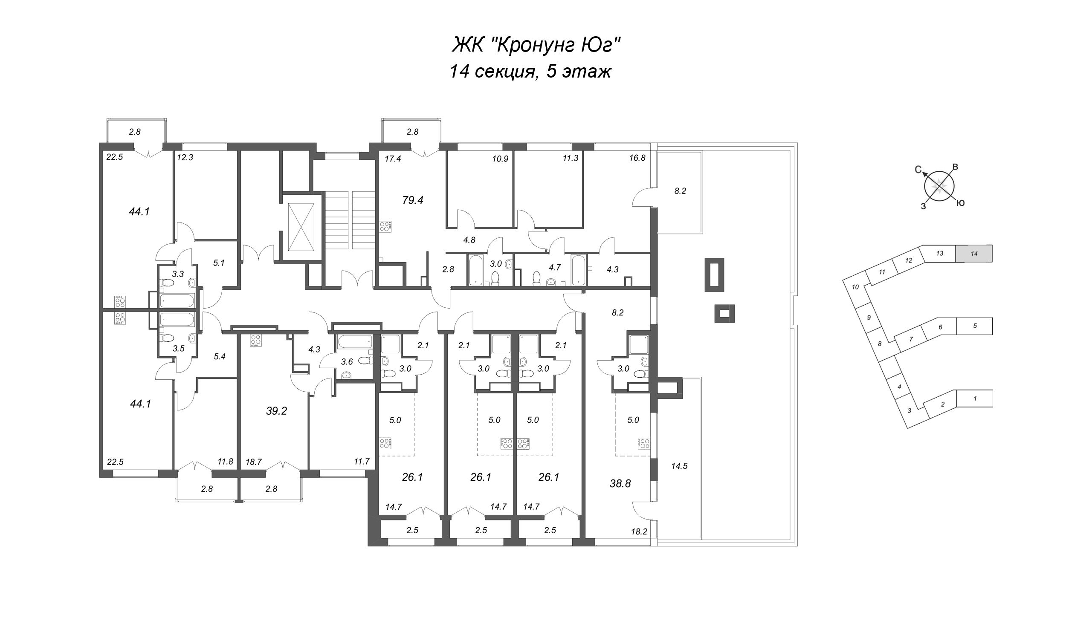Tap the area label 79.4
click(x=412, y=200)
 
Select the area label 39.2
click(x=276, y=411)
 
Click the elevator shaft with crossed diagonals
click(x=301, y=228)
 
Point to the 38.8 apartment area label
click(x=620, y=483)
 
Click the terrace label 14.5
click(x=679, y=466)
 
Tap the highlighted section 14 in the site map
click(x=973, y=254)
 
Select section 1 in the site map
click(x=975, y=399)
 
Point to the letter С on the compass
click(x=918, y=169)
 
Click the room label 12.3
click(x=185, y=157)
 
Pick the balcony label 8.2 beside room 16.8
click(x=680, y=191)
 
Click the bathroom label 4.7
click(x=554, y=268)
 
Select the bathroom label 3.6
click(x=347, y=362)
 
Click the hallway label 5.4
click(x=219, y=357)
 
